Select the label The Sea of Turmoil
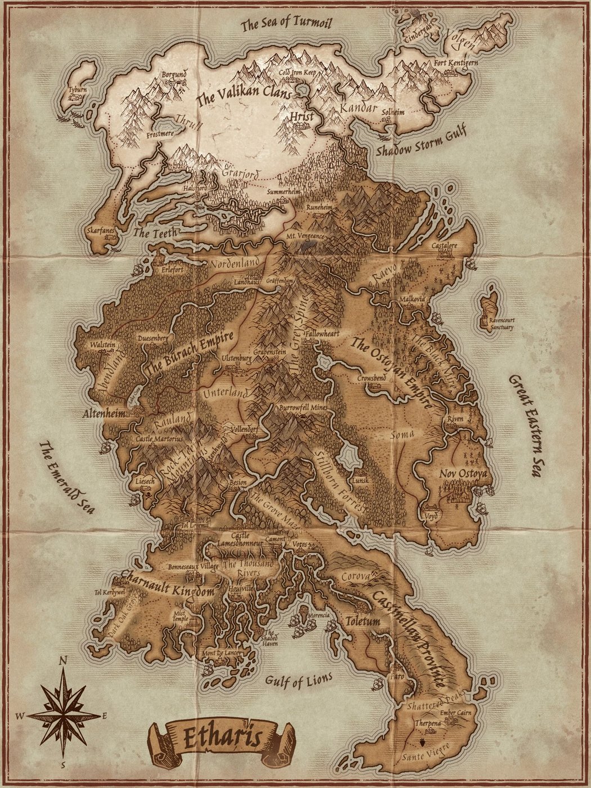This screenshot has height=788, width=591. pos(286,24)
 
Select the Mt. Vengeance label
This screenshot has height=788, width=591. pos(305,236)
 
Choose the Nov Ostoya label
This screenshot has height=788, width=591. pos(463,473)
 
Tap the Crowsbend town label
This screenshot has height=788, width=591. pos(371,379)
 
